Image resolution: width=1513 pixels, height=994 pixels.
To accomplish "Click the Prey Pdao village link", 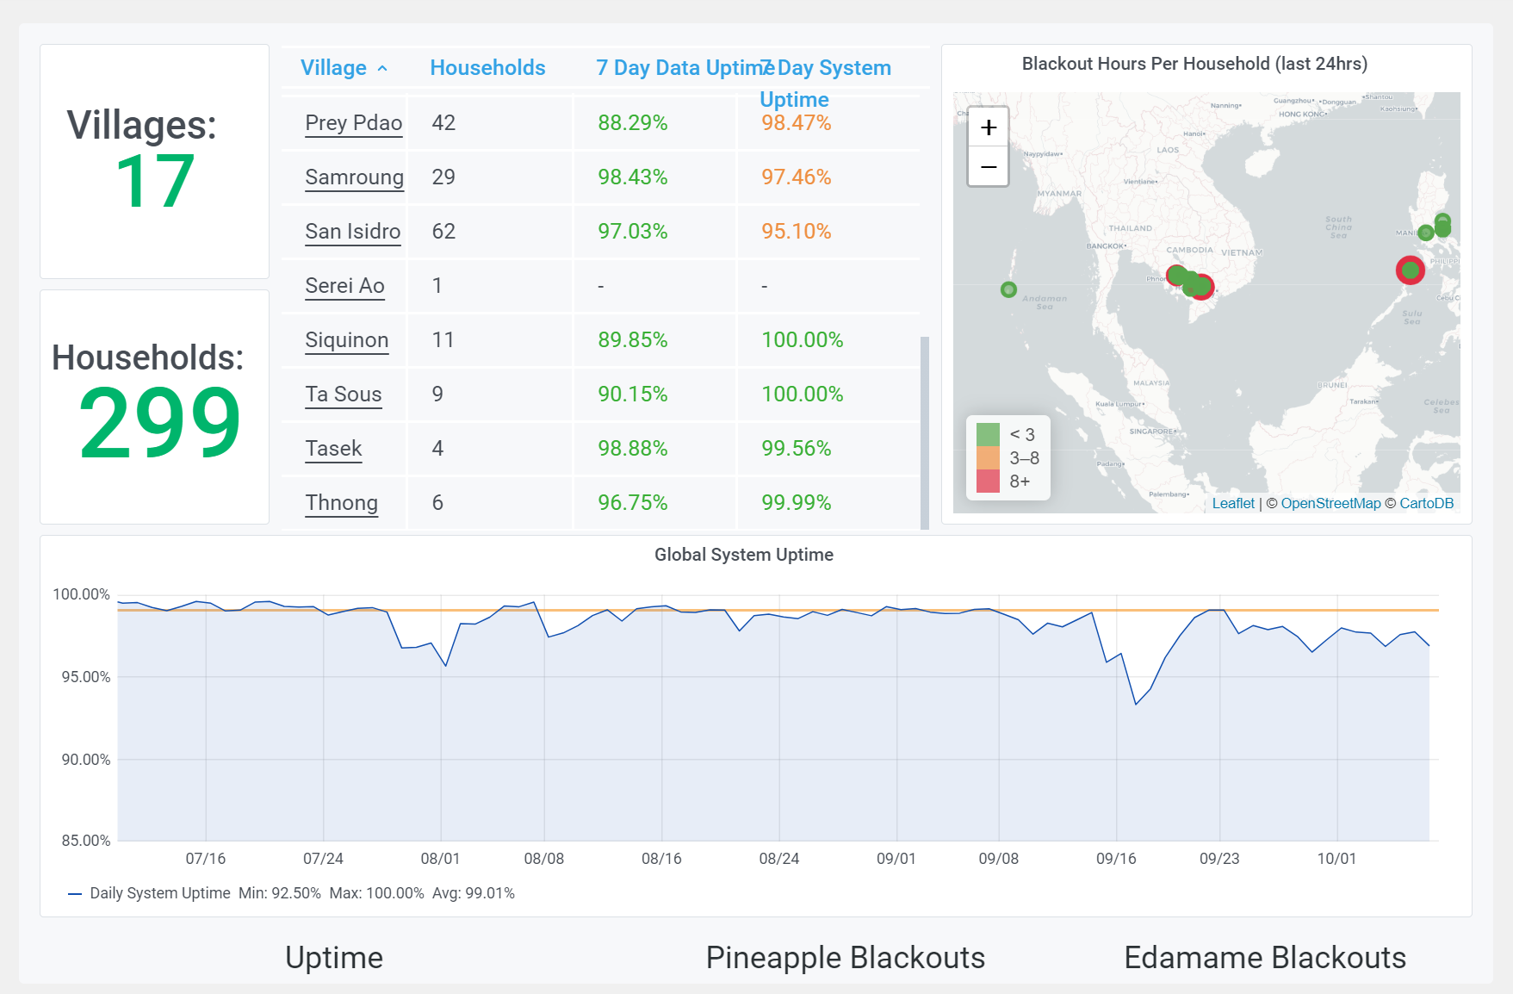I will click(353, 123).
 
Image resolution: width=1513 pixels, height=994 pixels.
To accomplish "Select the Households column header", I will click(487, 68).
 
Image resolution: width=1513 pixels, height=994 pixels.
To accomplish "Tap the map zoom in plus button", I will click(989, 127).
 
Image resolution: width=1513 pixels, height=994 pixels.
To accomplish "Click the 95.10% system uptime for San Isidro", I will click(796, 232).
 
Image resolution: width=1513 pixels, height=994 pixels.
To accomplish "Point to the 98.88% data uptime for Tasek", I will click(632, 449).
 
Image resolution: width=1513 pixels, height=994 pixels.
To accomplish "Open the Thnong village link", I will click(341, 503).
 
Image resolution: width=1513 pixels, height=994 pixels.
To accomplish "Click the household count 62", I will click(443, 232).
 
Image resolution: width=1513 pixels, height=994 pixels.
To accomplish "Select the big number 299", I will click(159, 423).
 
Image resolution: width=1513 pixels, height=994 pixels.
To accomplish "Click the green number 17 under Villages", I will click(155, 182).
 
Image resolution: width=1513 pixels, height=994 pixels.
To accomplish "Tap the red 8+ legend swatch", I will click(988, 481).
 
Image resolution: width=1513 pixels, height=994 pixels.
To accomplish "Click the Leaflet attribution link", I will click(1233, 504).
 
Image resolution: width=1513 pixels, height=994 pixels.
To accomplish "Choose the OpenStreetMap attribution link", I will click(1330, 504).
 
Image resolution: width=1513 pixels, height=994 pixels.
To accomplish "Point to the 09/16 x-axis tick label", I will click(1116, 859).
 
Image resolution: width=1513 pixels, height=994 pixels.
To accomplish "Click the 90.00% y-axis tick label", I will click(86, 760).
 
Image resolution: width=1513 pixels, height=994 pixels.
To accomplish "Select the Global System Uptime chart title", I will click(743, 555).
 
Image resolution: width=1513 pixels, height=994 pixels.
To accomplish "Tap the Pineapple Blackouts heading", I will click(845, 958).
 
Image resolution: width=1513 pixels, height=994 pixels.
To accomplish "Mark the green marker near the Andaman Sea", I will click(1008, 289).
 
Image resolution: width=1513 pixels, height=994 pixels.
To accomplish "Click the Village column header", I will click(333, 68).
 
